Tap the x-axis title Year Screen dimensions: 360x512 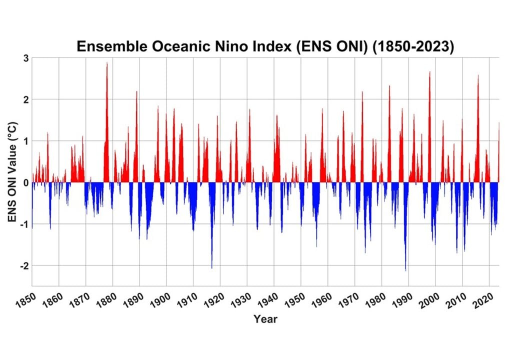tap(265, 318)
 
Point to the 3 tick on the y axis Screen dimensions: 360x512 tap(24, 58)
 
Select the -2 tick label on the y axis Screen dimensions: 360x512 tap(22, 265)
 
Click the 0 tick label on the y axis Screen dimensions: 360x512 tap(24, 182)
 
